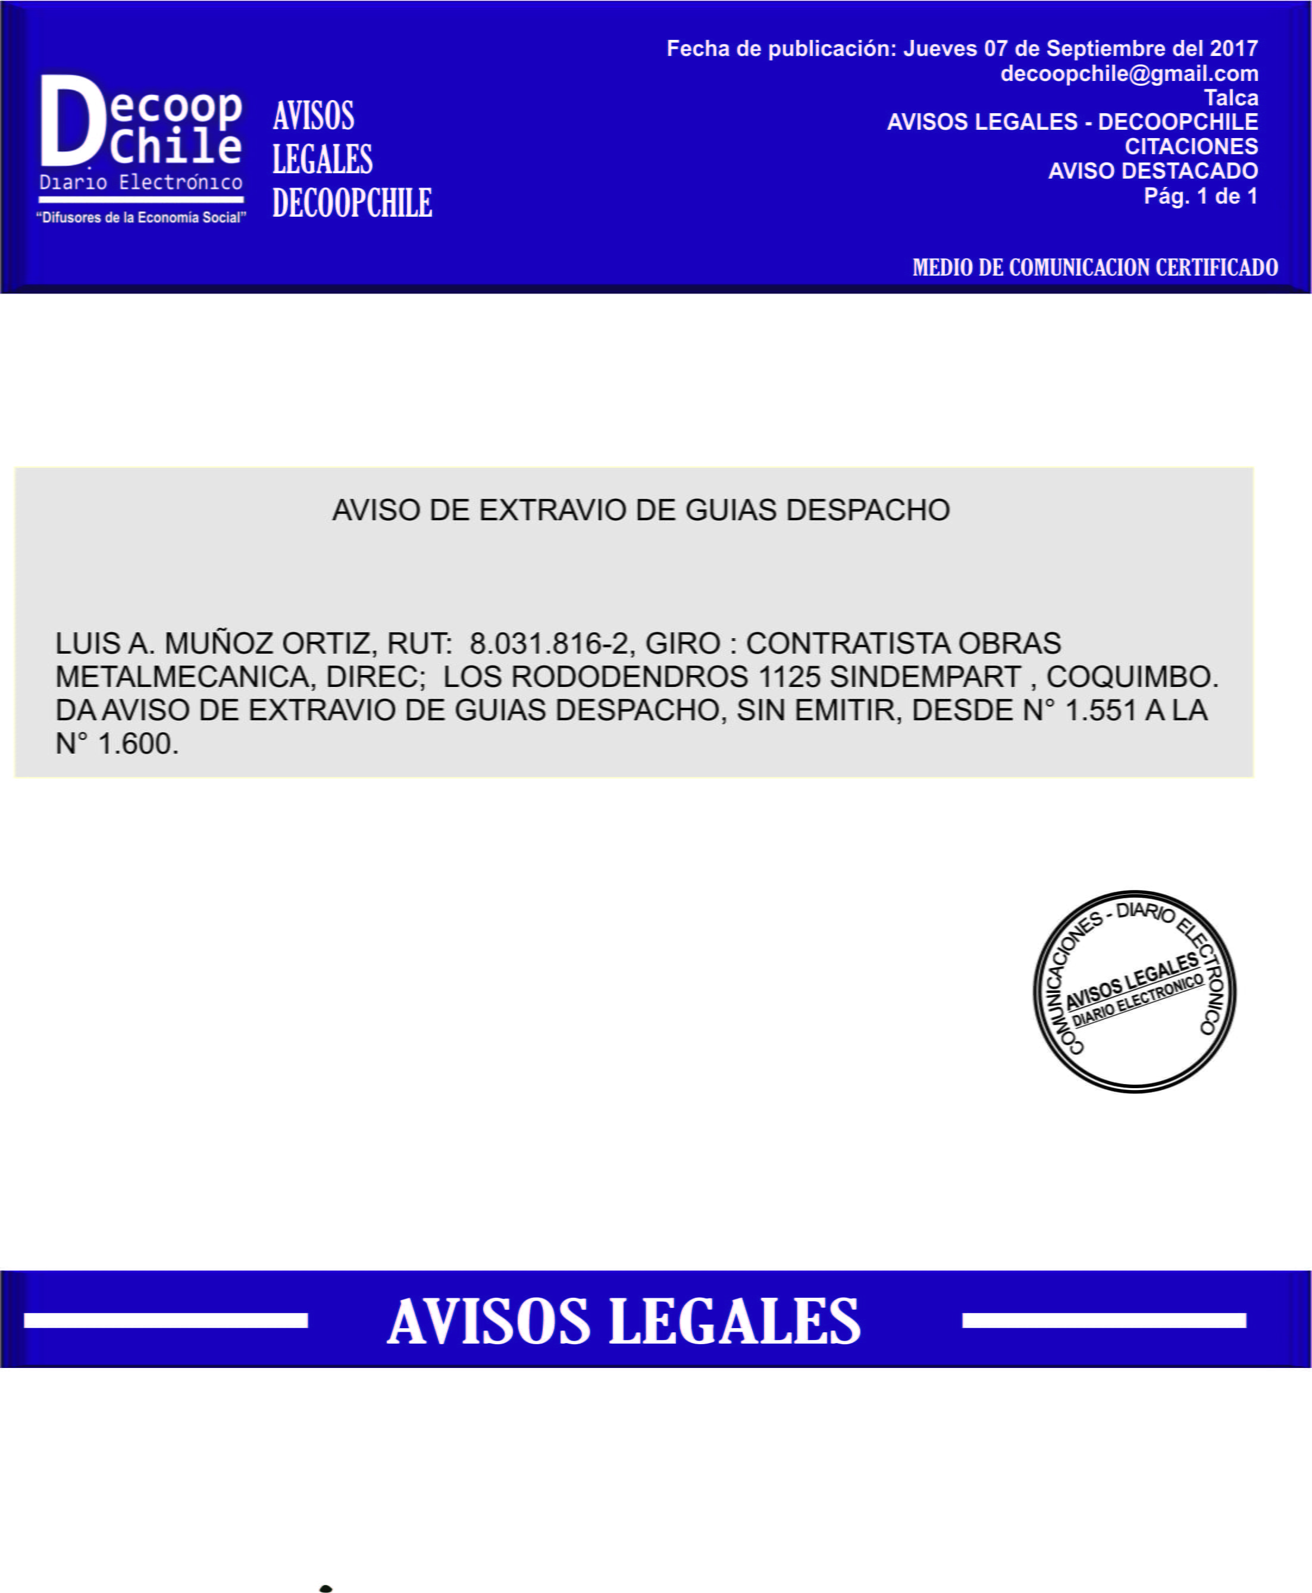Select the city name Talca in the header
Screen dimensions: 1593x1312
tap(1230, 98)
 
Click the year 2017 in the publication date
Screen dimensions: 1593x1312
tap(1233, 48)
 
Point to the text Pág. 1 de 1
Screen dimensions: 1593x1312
tap(1200, 196)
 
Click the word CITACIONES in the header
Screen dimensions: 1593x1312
tap(1191, 146)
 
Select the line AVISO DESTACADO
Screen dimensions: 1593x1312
tap(1153, 171)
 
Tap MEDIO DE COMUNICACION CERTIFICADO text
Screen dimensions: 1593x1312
tap(1094, 268)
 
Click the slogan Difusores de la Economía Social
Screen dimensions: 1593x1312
tap(142, 218)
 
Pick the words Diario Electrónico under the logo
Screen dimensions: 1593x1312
tap(142, 182)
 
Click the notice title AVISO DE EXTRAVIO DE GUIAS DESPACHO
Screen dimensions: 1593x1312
tap(641, 510)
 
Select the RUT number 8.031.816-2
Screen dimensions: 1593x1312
tap(549, 644)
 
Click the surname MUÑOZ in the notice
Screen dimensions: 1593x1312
tap(218, 644)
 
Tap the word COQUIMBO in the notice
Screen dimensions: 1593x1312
tap(1131, 677)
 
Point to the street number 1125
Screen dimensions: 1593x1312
tap(789, 677)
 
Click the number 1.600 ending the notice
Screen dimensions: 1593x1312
tap(138, 744)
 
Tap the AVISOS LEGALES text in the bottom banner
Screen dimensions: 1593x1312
tap(624, 1321)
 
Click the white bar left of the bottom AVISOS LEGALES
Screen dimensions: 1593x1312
tap(165, 1321)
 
